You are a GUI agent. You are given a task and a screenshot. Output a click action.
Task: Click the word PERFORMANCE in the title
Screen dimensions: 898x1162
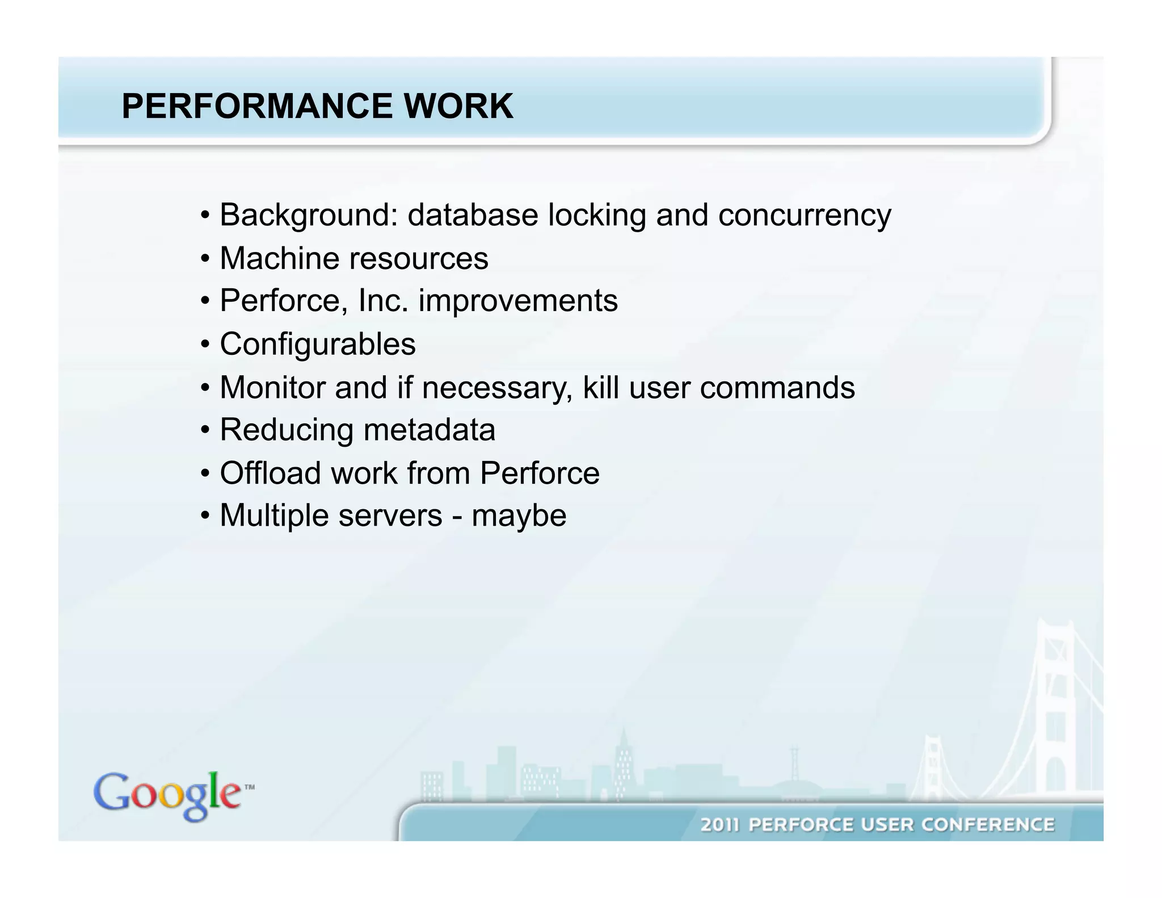257,106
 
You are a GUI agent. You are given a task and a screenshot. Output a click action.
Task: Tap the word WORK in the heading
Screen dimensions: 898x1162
458,106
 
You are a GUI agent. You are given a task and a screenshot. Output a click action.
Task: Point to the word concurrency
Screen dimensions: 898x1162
805,216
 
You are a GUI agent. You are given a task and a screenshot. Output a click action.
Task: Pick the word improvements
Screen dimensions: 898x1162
518,301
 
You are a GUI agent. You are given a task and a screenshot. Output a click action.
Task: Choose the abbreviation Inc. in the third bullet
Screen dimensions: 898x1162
383,300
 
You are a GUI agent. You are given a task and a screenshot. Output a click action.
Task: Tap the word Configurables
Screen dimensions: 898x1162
318,345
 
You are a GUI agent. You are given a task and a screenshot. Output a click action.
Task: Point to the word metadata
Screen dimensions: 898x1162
429,430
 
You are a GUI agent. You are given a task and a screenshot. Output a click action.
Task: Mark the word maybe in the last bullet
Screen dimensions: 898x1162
519,517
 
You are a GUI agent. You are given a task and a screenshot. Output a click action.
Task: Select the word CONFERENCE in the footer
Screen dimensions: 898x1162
988,825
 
